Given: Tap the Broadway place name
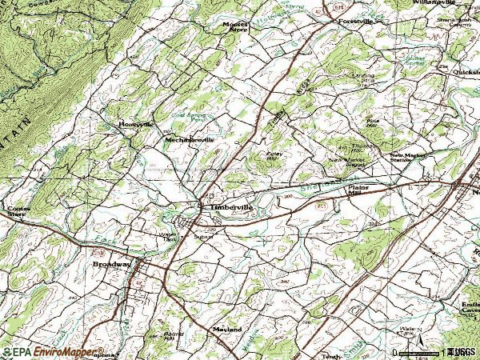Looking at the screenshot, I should [110, 263].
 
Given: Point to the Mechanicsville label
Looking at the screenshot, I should [190, 139].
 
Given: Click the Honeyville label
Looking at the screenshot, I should [135, 125].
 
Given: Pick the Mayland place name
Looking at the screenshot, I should [227, 329].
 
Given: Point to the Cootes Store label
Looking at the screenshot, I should [15, 213].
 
